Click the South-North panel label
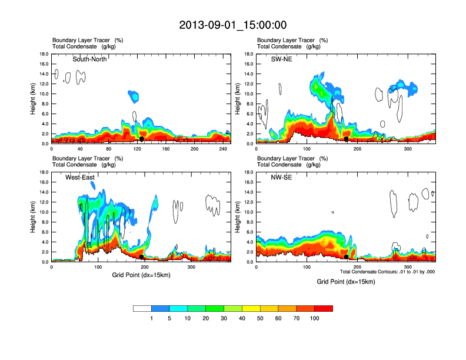89,59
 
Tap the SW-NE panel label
281,59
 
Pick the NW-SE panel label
281,177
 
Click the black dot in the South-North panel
142,139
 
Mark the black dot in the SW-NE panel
347,139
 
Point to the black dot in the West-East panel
142,257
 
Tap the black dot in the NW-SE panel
346,257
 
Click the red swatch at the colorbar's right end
324,308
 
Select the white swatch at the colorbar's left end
142,308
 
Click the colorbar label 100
315,318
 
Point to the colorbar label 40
242,318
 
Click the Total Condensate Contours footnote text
388,271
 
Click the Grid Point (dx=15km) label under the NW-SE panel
346,282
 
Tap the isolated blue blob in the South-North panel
134,95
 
